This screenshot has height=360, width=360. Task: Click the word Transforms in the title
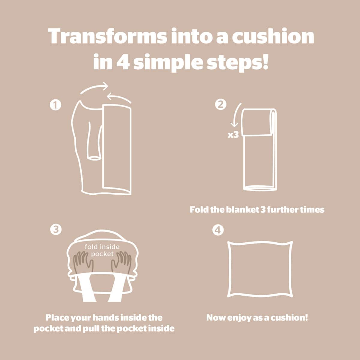[107, 36]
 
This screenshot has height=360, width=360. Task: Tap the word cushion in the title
[273, 36]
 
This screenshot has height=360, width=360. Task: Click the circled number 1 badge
[55, 105]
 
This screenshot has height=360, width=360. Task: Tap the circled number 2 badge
[220, 104]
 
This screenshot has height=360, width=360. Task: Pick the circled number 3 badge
[56, 229]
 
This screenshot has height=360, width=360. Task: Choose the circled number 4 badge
[218, 230]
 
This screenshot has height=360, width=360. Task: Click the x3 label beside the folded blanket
[233, 135]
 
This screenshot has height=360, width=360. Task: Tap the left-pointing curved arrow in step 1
[119, 97]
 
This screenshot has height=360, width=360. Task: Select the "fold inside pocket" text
[102, 250]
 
